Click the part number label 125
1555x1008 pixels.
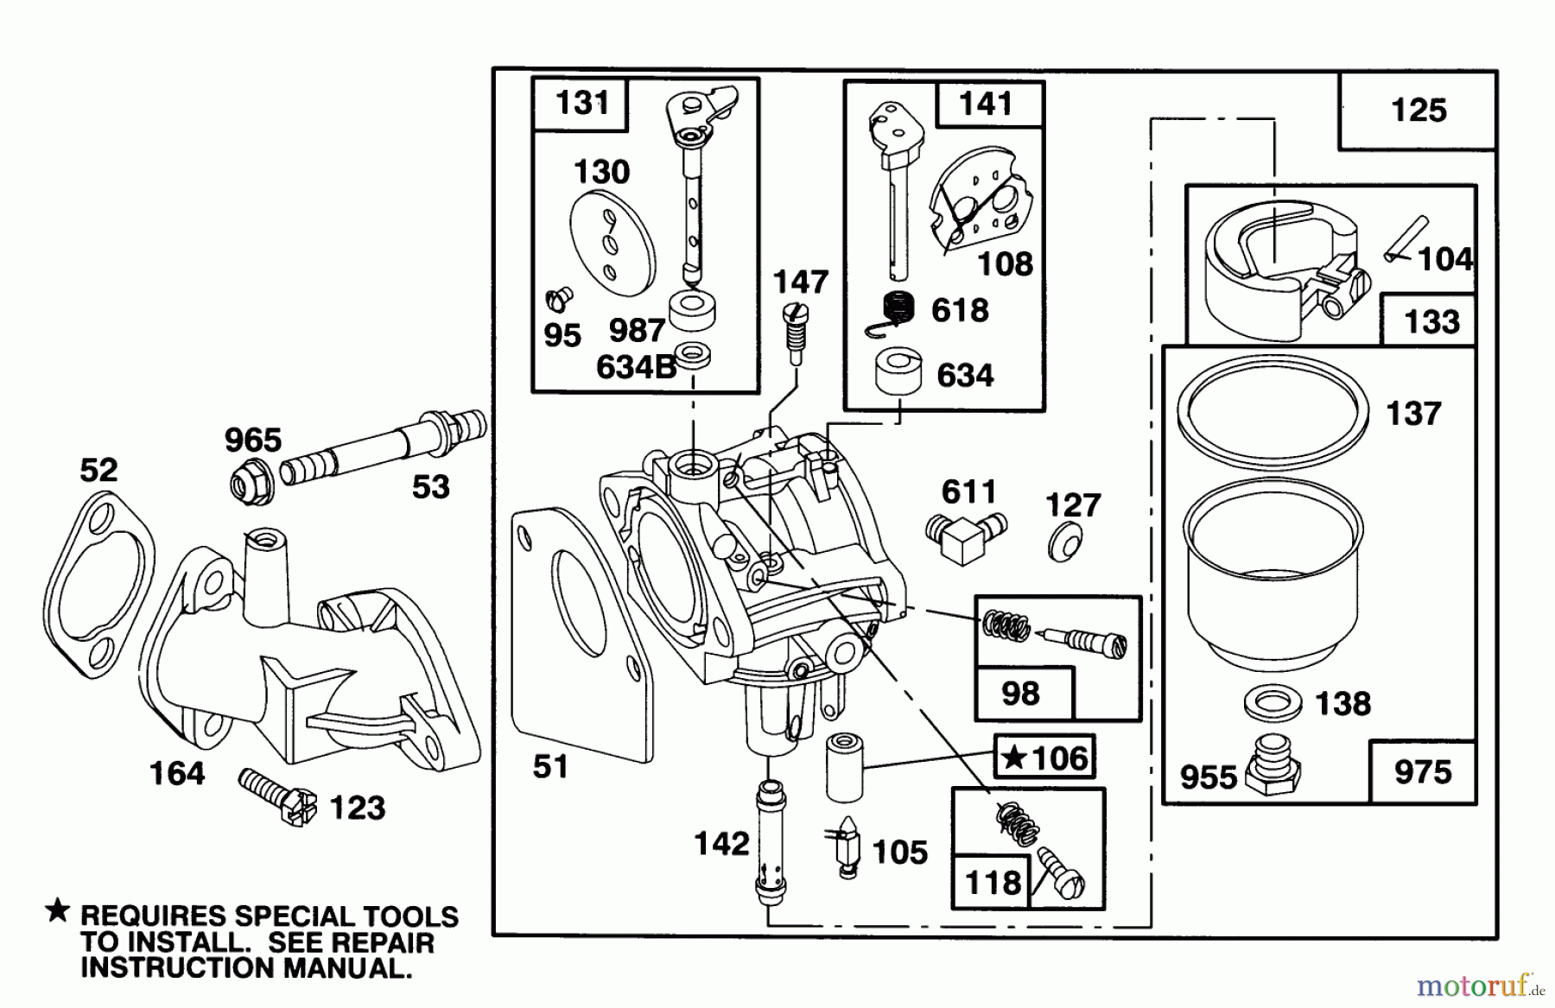click(1418, 111)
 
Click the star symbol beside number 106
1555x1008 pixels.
click(1014, 758)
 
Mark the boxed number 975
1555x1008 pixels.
click(1422, 771)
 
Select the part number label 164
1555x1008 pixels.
click(177, 773)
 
